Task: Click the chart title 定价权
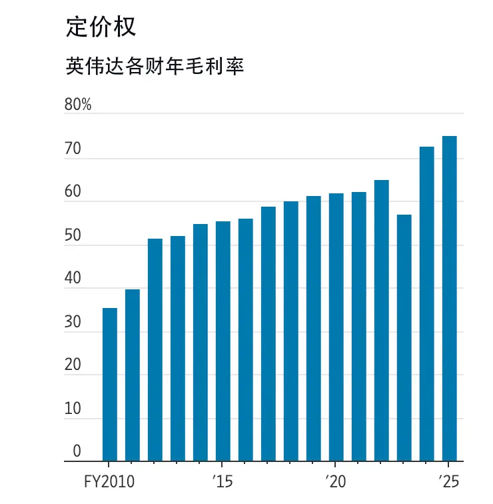101,26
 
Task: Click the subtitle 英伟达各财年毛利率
155,66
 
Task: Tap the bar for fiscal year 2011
132,375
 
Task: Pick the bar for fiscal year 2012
155,349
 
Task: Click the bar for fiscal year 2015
223,341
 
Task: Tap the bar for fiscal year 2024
426,303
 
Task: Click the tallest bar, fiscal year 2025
449,298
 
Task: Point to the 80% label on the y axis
77,105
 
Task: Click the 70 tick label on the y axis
73,149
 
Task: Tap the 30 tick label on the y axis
73,322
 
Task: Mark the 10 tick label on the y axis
73,409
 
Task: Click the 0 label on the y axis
77,451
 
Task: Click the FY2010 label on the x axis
109,480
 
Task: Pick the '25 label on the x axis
448,480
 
